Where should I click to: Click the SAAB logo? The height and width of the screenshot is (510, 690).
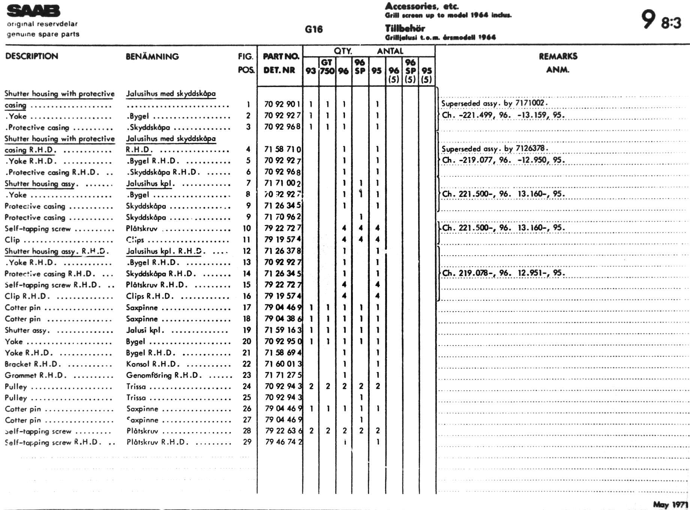[33, 11]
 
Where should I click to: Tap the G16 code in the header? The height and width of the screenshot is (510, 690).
[313, 29]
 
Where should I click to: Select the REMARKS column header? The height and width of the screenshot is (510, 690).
[558, 56]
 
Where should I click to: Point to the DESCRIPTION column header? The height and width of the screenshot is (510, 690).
[31, 56]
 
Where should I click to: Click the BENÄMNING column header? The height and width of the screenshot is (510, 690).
[152, 57]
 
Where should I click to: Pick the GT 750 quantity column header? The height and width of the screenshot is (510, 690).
[327, 67]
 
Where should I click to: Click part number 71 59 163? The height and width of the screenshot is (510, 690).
[283, 330]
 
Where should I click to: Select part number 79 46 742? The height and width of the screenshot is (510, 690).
[283, 442]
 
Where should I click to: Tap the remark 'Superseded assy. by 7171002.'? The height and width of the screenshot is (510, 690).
[494, 103]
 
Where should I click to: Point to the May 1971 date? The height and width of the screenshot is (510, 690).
[670, 504]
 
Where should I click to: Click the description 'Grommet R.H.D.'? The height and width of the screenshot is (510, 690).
[35, 375]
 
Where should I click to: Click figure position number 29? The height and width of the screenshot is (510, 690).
[247, 442]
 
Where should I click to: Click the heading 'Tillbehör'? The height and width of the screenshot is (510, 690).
[405, 28]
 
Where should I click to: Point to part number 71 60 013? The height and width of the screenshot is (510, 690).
[283, 364]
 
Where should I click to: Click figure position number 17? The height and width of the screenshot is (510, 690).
[247, 307]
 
